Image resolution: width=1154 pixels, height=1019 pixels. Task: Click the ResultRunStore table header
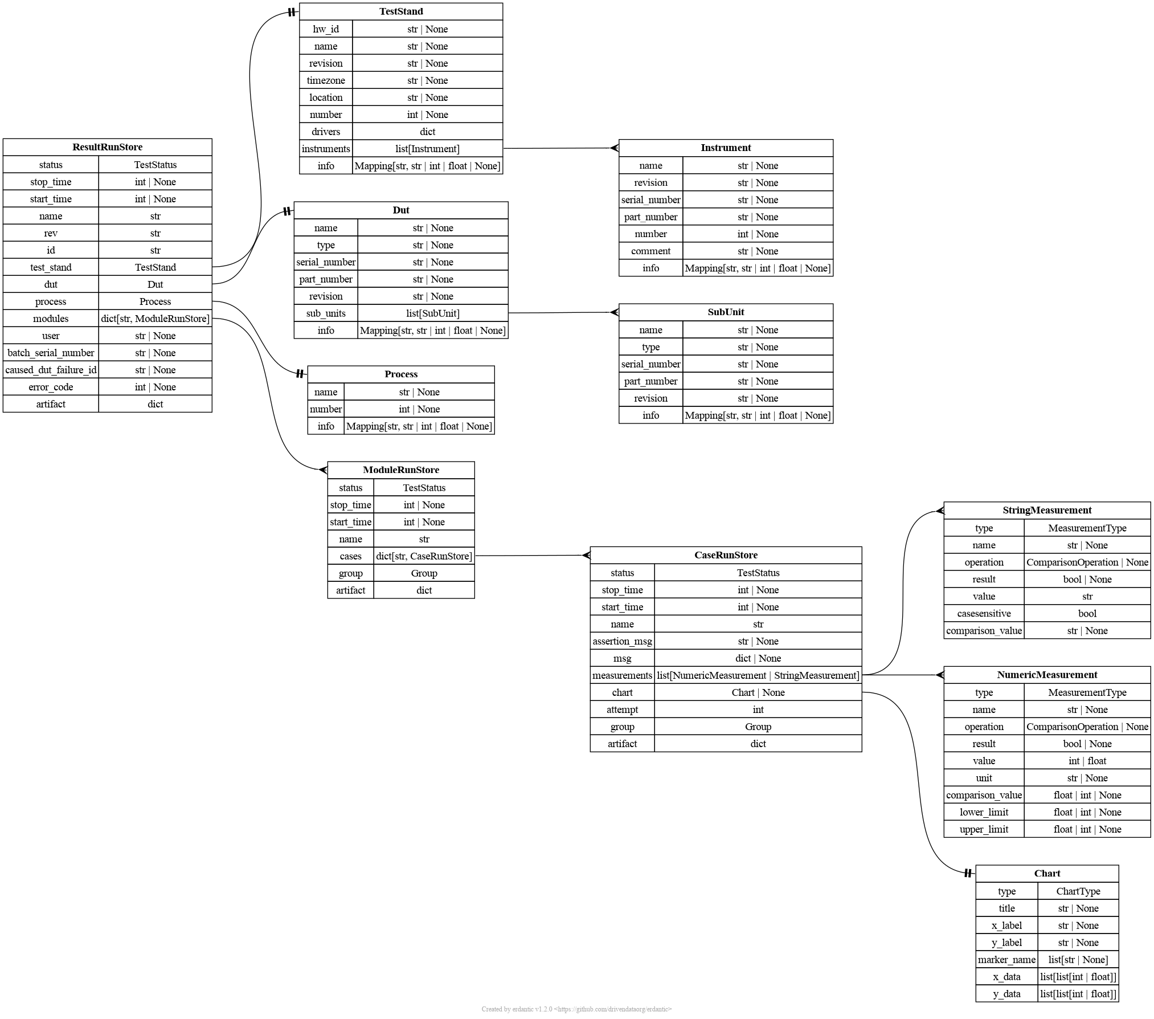(x=107, y=147)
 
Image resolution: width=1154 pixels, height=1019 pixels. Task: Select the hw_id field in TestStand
(x=326, y=29)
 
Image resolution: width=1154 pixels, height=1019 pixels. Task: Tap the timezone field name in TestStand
(x=326, y=80)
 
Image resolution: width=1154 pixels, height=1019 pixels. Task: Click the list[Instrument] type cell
(x=427, y=149)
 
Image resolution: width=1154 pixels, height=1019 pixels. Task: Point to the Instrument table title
(x=726, y=148)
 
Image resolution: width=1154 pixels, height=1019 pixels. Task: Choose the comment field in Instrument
(x=650, y=251)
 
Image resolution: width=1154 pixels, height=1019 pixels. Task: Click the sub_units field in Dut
(x=326, y=313)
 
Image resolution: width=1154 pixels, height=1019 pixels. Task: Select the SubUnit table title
(x=726, y=312)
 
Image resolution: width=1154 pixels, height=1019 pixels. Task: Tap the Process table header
(x=401, y=374)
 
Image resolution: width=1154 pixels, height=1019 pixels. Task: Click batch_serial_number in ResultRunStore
(x=51, y=353)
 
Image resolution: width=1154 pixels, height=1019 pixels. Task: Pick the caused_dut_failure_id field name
(x=51, y=370)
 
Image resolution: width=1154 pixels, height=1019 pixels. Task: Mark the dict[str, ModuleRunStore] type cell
(x=155, y=319)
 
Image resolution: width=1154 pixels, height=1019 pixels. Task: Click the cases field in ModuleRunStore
(x=350, y=556)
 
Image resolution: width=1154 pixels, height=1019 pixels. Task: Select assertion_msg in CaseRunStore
(x=622, y=641)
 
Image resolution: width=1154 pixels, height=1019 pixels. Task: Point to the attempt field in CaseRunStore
(x=622, y=710)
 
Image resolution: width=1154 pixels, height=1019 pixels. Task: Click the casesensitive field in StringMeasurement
(x=984, y=613)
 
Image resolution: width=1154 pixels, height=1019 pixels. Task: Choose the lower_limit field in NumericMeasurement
(x=984, y=812)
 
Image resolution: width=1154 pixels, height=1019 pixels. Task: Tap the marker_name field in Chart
(x=1006, y=960)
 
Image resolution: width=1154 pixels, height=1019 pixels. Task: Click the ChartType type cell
(x=1078, y=891)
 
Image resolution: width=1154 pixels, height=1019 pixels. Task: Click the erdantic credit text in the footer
(x=576, y=1009)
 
